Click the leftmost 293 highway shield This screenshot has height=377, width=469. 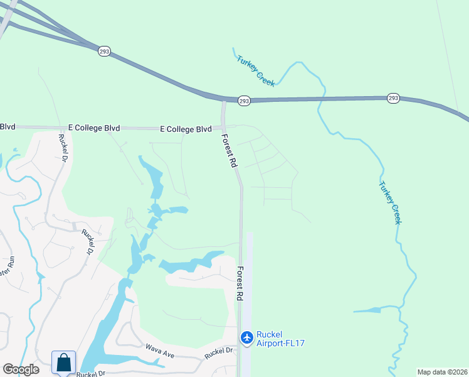tap(105, 51)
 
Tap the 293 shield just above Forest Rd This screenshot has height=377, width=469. tap(245, 101)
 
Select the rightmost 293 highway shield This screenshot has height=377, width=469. tap(393, 98)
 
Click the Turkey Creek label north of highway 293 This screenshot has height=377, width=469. tap(256, 71)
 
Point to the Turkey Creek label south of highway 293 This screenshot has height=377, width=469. tap(390, 203)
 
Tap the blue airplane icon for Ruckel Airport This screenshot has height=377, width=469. tap(246, 337)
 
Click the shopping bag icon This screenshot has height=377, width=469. tap(64, 363)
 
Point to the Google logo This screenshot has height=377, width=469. tap(21, 369)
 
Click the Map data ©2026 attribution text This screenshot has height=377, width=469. tap(441, 372)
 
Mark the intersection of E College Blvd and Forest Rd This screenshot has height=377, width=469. tap(223, 128)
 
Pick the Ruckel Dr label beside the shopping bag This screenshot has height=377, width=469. tap(90, 374)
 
